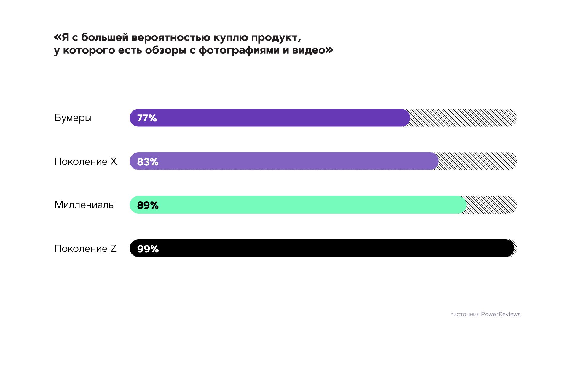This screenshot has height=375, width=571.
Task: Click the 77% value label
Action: pos(147,118)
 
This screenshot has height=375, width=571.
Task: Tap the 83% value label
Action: pos(148,162)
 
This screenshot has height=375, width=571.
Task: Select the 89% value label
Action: pos(148,205)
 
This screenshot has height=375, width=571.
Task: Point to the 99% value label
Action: pos(148,249)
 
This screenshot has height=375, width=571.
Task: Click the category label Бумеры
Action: pos(73,118)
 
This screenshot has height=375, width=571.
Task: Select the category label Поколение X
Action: pos(86,161)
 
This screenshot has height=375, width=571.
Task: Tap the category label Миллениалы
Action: pos(85,205)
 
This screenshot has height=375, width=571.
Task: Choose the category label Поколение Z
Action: pos(85,249)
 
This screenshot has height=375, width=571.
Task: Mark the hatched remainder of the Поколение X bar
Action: pos(477,161)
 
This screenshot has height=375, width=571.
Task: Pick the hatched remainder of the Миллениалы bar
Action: pos(491,205)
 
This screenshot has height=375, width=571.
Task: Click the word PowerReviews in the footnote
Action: pos(501,314)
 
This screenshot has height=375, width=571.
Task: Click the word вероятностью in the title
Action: pos(170,38)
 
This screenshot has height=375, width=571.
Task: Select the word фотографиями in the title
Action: pos(239,50)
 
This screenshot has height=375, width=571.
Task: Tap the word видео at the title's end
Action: pos(309,50)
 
